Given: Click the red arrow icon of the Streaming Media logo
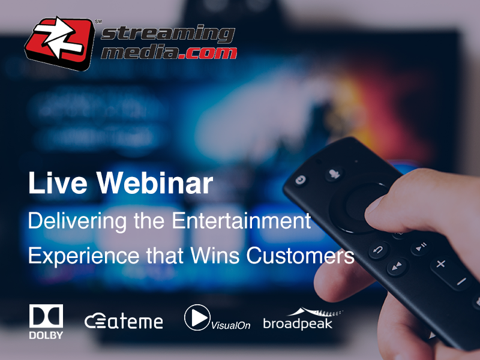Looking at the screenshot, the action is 59,43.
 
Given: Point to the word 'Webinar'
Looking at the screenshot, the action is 155,183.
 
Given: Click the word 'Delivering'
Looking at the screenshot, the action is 77,221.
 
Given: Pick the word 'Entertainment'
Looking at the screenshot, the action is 241,220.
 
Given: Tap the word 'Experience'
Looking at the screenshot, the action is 84,256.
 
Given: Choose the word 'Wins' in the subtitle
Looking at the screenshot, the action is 215,255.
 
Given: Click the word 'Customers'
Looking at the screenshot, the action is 301,256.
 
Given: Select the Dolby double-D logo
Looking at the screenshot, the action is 46,316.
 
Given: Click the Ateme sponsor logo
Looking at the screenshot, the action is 124,321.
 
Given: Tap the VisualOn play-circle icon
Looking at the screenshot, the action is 197,317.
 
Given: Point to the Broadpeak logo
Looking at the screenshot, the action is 303,319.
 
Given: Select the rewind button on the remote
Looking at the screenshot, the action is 397,267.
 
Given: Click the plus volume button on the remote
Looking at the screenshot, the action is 440,263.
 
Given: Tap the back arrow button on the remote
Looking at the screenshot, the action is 379,250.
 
